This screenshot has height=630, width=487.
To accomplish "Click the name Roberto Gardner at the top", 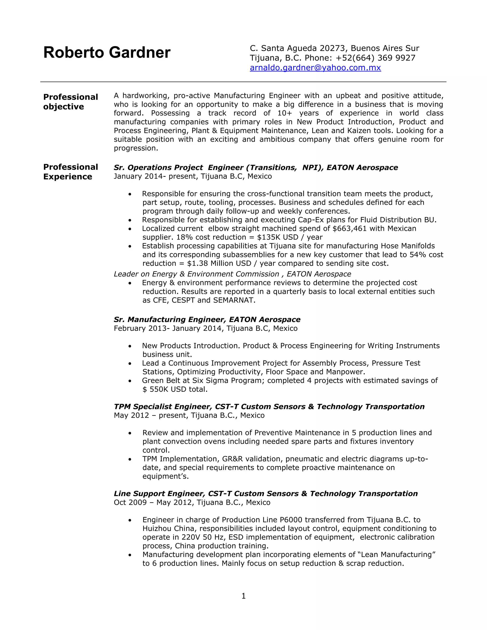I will tap(107, 53).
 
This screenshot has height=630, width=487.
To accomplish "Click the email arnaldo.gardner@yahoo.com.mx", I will tap(315, 68).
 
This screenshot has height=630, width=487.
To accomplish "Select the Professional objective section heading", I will tap(70, 102).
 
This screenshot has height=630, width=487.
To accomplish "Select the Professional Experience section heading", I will tap(70, 172).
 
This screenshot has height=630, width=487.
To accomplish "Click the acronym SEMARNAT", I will tap(234, 300).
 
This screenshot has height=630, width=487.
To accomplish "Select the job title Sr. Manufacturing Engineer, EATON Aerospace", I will tap(207, 319).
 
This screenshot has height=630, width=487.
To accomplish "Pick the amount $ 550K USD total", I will tap(175, 389).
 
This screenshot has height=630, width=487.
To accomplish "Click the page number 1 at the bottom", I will tap(243, 596).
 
